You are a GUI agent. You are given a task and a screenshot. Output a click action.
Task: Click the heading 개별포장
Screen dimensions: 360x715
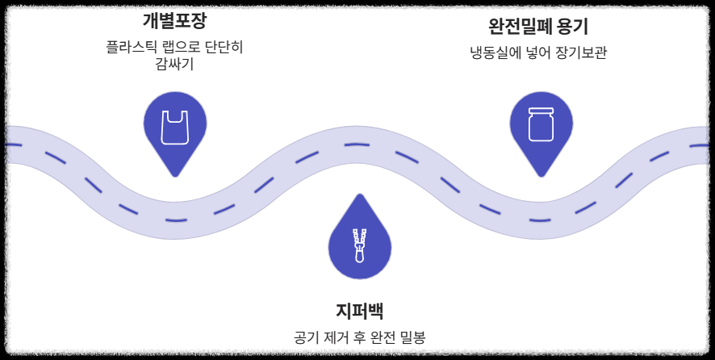(174, 22)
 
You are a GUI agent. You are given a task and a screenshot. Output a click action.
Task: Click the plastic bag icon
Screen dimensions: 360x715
(174, 127)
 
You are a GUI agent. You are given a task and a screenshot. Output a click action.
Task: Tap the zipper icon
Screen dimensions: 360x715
(359, 245)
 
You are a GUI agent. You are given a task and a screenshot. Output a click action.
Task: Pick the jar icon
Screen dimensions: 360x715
(541, 124)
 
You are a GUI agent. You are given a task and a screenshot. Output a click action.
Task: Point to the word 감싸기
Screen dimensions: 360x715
(174, 64)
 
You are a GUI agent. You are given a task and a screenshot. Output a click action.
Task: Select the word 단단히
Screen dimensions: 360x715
(220, 47)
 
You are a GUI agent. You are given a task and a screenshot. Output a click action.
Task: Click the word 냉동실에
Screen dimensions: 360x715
(497, 54)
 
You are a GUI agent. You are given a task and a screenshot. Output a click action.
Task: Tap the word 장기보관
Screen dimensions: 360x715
(580, 54)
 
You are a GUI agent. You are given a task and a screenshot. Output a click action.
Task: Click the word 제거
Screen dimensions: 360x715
(338, 337)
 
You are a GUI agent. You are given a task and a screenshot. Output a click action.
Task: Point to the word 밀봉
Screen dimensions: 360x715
(412, 337)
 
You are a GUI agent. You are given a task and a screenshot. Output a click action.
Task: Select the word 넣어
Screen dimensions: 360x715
(536, 54)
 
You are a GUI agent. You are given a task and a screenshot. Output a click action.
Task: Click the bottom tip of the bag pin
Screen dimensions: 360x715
(174, 176)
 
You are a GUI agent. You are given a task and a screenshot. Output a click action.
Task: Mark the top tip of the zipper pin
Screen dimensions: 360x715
(359, 195)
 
